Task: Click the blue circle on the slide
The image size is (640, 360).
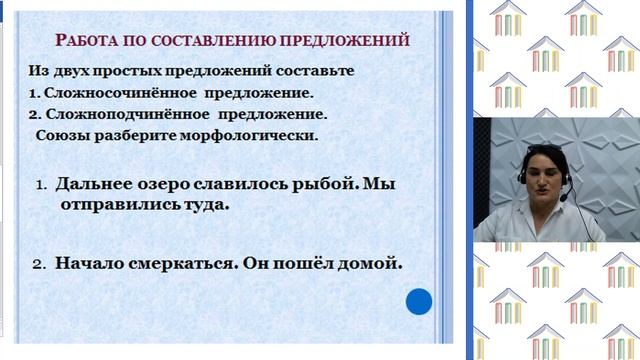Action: point(418,301)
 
